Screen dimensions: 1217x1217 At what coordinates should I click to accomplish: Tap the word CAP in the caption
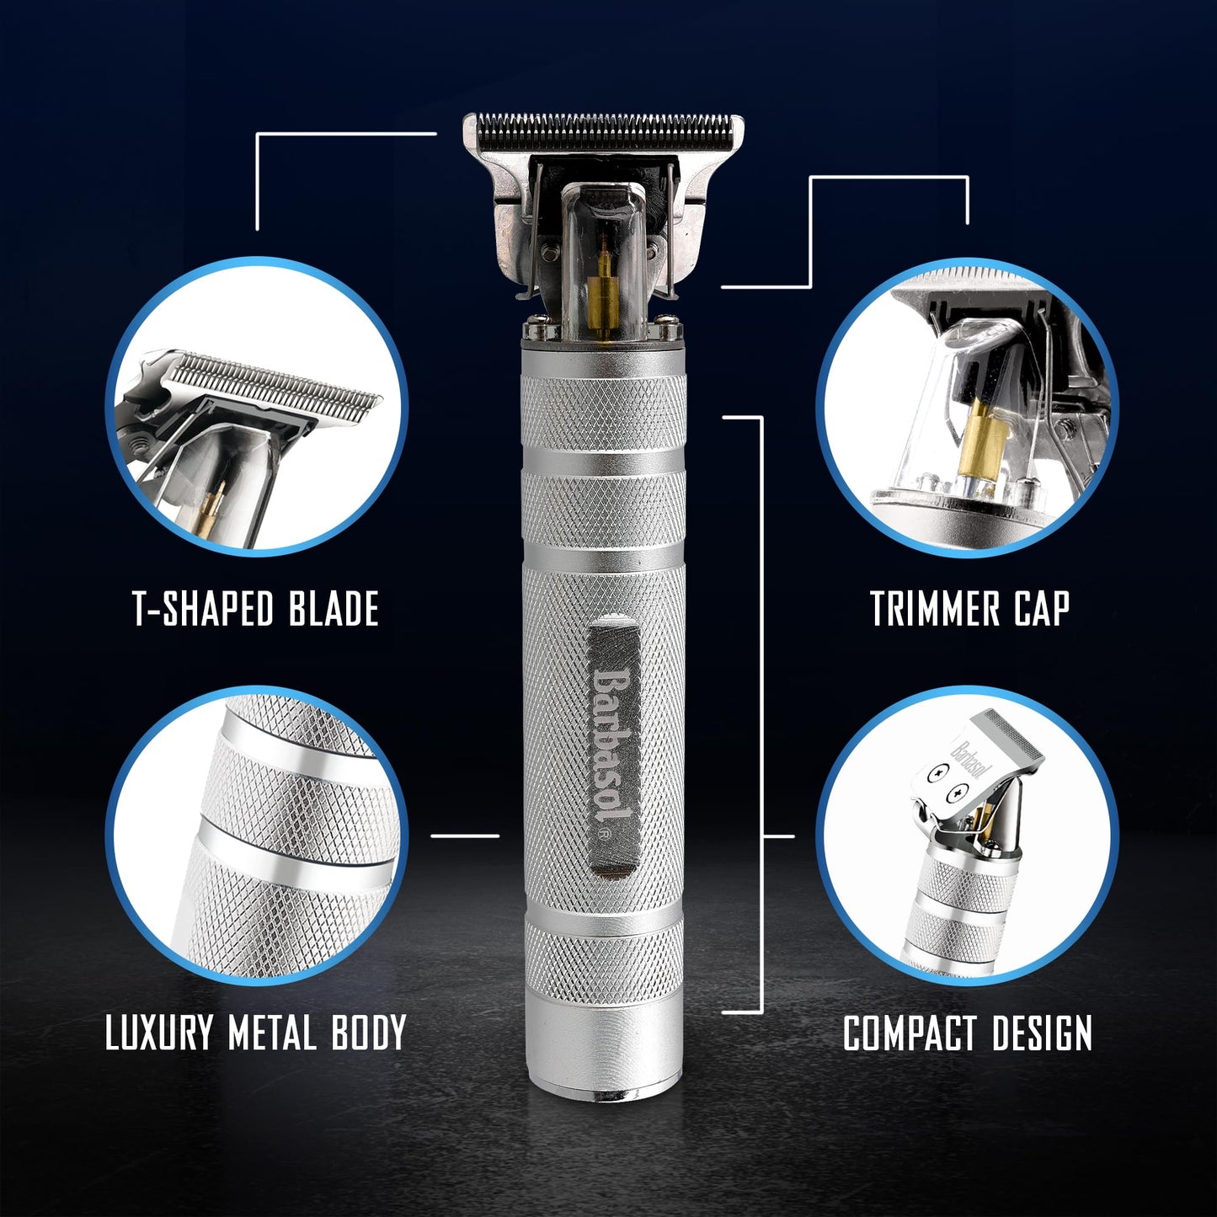[x=1041, y=608]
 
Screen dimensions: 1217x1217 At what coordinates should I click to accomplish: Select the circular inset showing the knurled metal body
[x=257, y=835]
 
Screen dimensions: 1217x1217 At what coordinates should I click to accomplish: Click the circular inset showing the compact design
[x=969, y=835]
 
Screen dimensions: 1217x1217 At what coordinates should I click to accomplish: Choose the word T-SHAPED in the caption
[x=203, y=608]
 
